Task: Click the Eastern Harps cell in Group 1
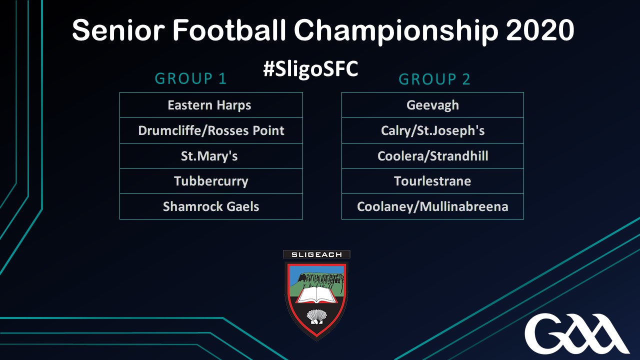tap(211, 105)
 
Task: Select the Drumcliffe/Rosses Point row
tap(211, 130)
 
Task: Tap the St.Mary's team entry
tap(211, 155)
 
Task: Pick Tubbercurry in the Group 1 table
tap(211, 181)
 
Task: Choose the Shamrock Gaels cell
tap(211, 206)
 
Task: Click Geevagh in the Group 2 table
tap(432, 105)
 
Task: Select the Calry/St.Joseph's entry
tap(432, 130)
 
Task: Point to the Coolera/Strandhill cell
tap(432, 155)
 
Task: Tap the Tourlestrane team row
tap(432, 181)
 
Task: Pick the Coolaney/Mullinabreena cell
tap(432, 206)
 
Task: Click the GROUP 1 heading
tap(190, 78)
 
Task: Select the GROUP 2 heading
tap(434, 79)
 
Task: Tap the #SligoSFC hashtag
tap(310, 69)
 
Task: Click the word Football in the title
tap(229, 29)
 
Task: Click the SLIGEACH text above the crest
tap(316, 254)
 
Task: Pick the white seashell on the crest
tap(316, 317)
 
